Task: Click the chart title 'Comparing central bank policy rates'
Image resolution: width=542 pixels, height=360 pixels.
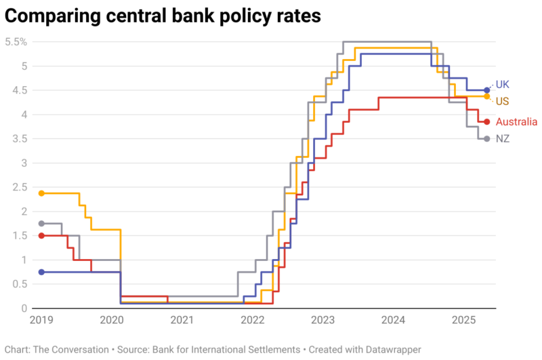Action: click(x=162, y=14)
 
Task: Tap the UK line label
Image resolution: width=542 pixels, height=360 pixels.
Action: click(x=502, y=85)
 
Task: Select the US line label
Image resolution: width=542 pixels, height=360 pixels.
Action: click(x=502, y=101)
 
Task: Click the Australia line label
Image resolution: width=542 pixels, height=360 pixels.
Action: click(x=516, y=122)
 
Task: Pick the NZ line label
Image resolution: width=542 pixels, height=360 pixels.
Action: click(x=502, y=138)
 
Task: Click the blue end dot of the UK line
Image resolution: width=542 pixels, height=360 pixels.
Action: click(x=487, y=90)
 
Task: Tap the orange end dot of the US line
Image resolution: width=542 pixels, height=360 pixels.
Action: click(x=487, y=96)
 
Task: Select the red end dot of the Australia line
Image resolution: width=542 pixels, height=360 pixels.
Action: click(x=487, y=122)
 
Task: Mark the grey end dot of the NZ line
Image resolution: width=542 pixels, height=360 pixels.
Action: click(x=487, y=139)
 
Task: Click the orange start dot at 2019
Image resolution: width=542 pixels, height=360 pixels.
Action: click(x=41, y=193)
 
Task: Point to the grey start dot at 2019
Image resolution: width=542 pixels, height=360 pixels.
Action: click(x=41, y=224)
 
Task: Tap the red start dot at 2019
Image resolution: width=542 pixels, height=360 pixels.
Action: click(x=41, y=236)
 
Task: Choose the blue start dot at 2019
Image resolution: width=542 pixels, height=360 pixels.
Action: click(x=41, y=272)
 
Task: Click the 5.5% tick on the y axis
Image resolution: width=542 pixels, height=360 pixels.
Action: click(x=16, y=42)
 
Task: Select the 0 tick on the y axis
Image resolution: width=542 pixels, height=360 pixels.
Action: click(x=24, y=308)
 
